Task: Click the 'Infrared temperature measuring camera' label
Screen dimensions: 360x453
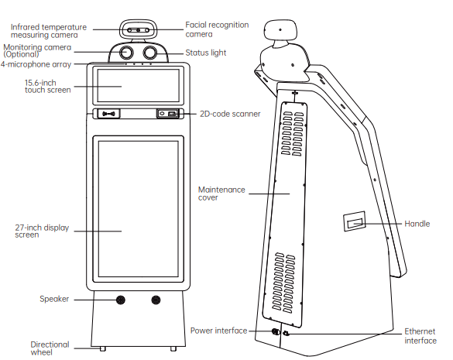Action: point(48,30)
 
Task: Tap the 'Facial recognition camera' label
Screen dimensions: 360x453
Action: point(217,29)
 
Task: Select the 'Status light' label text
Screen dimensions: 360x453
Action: point(205,53)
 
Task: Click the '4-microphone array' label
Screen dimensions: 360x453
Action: point(35,63)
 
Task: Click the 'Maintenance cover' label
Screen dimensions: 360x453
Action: point(221,193)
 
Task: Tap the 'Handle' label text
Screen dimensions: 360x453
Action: point(417,224)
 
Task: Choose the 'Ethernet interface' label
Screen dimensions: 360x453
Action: point(420,335)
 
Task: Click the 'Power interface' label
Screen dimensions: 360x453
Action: point(218,331)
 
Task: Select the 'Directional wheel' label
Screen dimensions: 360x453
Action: point(50,348)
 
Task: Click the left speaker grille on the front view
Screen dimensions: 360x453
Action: point(120,300)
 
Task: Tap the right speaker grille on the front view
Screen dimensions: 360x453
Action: point(157,300)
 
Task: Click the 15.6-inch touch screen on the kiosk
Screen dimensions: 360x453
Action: point(139,85)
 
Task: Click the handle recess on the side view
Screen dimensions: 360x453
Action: point(354,224)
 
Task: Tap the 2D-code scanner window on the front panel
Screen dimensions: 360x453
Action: point(168,114)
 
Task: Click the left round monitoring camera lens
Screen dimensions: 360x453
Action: point(126,53)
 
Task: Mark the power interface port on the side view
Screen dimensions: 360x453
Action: point(275,331)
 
